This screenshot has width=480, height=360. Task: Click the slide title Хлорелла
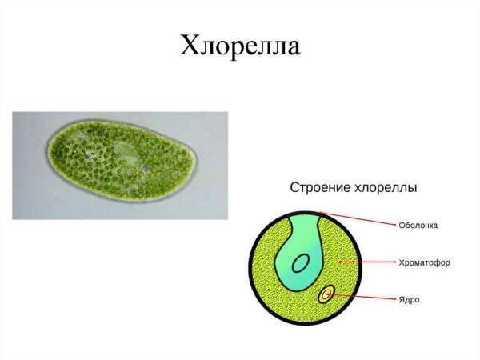coord(240,46)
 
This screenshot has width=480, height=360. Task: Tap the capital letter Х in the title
coord(190,46)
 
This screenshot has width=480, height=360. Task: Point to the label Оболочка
coord(418,226)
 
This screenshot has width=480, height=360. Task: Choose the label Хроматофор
coord(423,262)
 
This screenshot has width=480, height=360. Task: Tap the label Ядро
coord(409,300)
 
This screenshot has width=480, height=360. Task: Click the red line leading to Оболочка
coord(360,220)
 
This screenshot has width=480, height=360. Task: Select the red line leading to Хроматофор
coord(368,262)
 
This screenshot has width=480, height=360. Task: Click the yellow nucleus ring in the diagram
coord(326,295)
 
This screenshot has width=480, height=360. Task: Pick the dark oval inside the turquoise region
coord(300,263)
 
